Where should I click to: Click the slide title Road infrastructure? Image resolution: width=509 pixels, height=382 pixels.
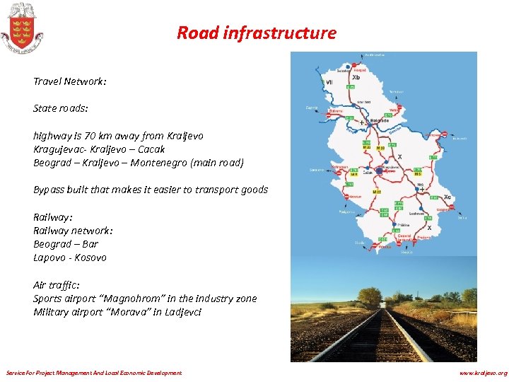click(256, 33)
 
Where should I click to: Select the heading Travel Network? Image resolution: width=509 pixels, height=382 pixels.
click(69, 81)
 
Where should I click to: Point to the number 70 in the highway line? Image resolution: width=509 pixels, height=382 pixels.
click(90, 136)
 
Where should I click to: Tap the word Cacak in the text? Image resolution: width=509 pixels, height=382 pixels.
click(151, 149)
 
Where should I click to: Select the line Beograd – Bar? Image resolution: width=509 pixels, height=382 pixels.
click(66, 244)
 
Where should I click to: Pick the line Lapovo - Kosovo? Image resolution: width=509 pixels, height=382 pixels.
click(70, 257)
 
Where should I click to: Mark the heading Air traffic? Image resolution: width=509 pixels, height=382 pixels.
click(56, 285)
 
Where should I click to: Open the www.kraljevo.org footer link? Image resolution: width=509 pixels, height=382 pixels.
click(483, 373)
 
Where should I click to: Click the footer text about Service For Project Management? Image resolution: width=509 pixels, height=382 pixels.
click(93, 373)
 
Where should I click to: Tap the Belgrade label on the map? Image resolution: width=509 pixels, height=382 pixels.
click(380, 121)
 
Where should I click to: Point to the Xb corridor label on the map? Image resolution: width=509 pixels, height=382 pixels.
click(356, 77)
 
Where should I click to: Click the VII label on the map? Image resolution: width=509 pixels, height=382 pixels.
click(329, 82)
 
